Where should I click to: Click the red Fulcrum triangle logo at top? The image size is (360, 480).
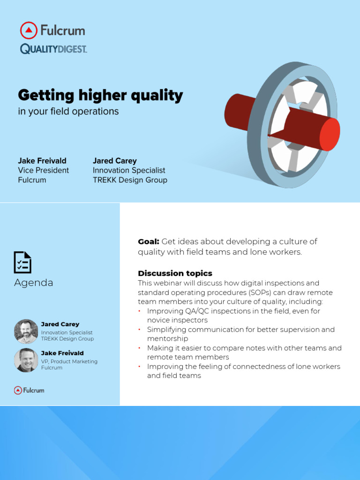point(29,30)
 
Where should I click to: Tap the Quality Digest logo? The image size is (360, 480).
point(53,49)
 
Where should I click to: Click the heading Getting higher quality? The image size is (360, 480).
point(100,96)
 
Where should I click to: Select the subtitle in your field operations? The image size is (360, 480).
point(68,112)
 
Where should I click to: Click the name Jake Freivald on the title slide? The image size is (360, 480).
point(42,161)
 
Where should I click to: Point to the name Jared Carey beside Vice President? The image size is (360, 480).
point(115,161)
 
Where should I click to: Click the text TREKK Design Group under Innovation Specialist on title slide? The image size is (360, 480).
point(130,180)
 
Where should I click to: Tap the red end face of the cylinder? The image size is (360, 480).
point(330,135)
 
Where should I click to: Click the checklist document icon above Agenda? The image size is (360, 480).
point(22,262)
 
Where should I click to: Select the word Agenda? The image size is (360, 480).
point(33,283)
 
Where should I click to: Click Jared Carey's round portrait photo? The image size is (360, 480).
point(26,331)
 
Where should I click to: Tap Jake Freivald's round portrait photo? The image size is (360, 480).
point(26,360)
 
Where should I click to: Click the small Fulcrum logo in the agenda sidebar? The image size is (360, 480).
point(29,390)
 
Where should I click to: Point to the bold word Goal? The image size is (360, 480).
point(149,241)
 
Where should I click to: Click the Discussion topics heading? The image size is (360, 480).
point(175,273)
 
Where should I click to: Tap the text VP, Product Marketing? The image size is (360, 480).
point(69,361)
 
